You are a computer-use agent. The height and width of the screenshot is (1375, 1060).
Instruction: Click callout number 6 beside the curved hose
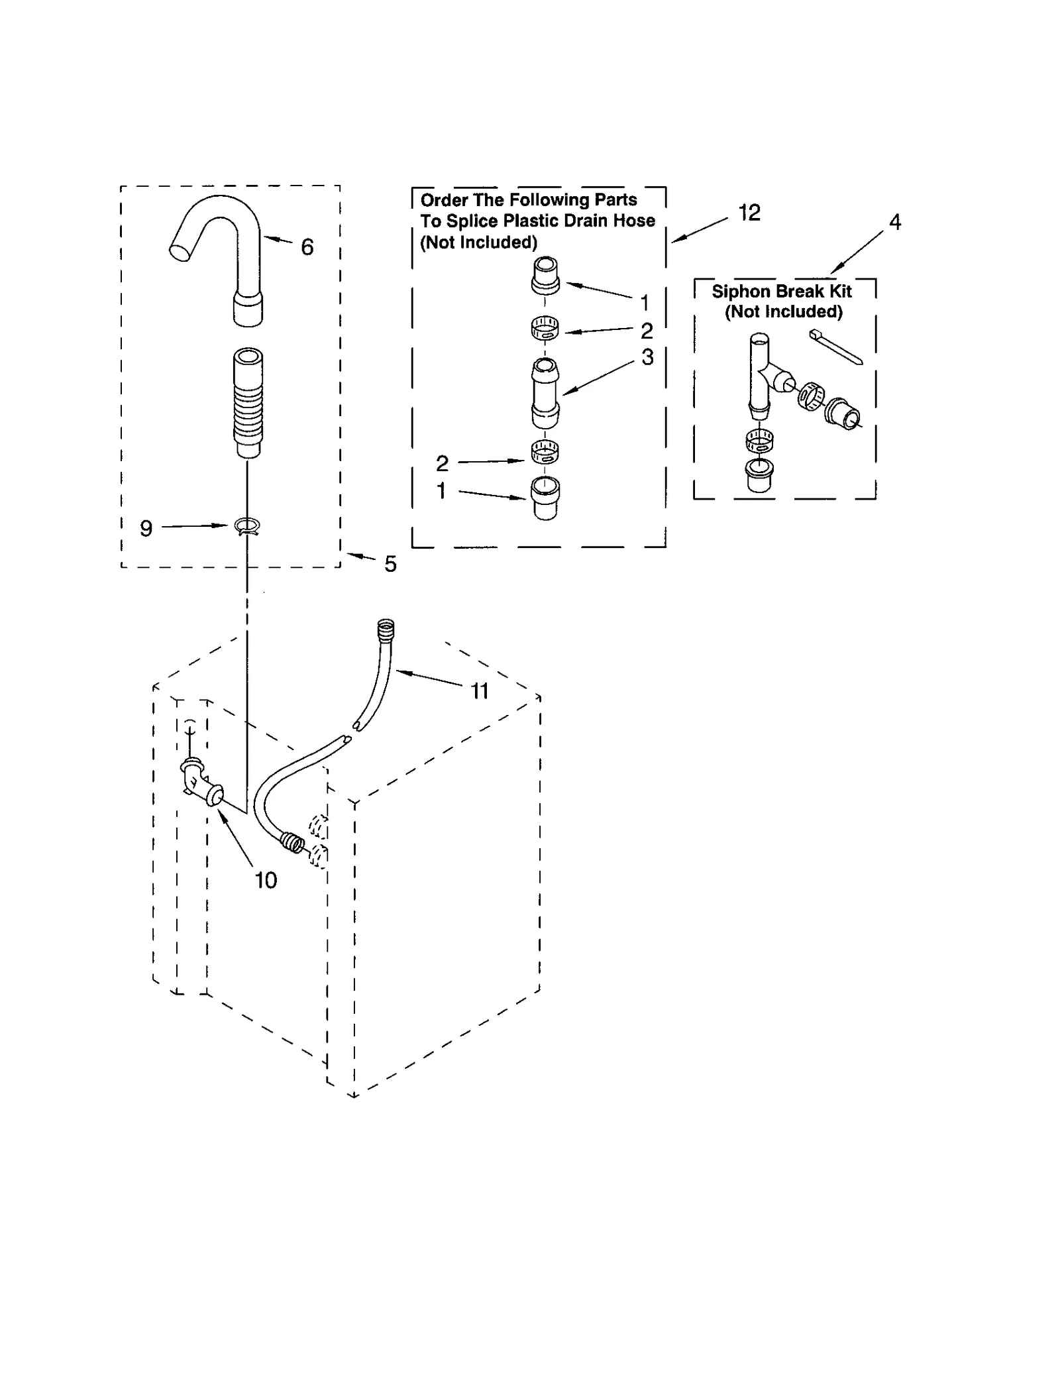point(307,247)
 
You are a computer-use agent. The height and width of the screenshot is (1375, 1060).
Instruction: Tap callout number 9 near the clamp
point(146,528)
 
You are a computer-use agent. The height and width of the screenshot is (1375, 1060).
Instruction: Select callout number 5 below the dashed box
point(391,564)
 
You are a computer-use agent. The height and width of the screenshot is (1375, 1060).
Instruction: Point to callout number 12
point(749,213)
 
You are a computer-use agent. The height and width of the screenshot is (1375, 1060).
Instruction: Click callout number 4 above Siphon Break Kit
point(895,222)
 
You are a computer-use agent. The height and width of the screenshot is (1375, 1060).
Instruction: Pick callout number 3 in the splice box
point(647,357)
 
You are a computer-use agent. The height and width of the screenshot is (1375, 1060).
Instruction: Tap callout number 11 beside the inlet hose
point(480,691)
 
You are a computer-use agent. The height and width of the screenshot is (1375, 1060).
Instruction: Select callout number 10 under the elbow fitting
point(266,880)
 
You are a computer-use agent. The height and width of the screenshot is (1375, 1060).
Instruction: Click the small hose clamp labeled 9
point(247,527)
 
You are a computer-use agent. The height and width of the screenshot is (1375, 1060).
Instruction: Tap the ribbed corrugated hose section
point(248,404)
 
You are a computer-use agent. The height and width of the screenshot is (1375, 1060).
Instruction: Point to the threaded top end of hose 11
point(386,628)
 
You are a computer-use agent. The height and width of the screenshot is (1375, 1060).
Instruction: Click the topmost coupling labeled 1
point(545,276)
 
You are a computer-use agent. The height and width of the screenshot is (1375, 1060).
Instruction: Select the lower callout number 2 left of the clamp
point(442,463)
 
